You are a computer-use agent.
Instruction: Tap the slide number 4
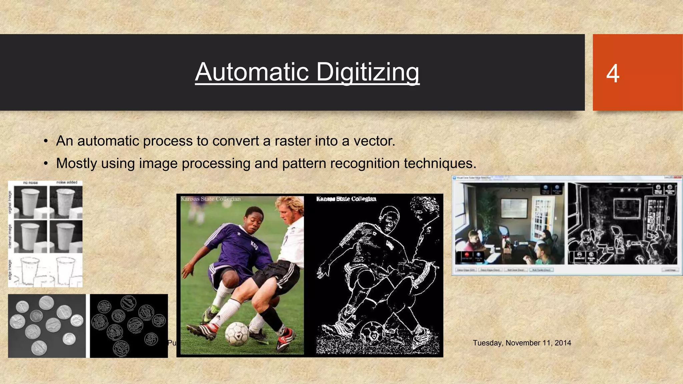tap(613, 73)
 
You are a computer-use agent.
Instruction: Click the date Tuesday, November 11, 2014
tap(522, 343)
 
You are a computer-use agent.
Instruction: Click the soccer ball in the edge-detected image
tap(373, 333)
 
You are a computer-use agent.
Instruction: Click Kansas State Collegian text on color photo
tap(210, 199)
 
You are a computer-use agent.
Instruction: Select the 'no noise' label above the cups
tap(31, 183)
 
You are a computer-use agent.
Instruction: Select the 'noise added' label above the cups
tap(67, 182)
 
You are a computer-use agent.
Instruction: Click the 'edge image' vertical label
tap(10, 270)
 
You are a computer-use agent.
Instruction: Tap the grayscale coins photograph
tap(47, 326)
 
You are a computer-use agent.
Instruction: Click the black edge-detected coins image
tap(129, 326)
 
